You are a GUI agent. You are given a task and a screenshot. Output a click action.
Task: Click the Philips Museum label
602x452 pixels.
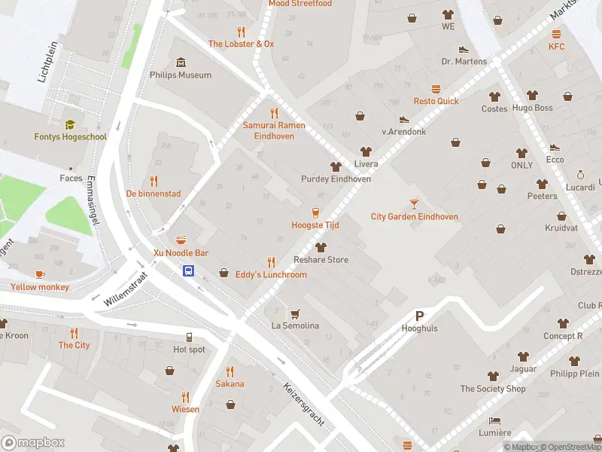click(181, 75)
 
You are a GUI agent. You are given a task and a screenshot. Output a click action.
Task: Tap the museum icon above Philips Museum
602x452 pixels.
click(181, 62)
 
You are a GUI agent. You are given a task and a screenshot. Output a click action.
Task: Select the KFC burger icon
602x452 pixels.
click(556, 34)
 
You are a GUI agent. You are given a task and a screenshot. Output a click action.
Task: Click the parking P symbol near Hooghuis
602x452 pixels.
click(419, 316)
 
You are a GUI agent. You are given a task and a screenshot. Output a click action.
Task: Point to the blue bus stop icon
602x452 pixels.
click(189, 271)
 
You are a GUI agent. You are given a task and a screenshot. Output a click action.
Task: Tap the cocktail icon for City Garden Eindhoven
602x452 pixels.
click(414, 203)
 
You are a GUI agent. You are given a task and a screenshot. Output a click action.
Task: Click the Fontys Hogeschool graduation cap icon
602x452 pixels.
click(70, 124)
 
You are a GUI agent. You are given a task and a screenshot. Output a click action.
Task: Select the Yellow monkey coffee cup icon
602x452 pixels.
click(39, 274)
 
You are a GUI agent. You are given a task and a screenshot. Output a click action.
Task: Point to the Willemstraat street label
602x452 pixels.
click(126, 289)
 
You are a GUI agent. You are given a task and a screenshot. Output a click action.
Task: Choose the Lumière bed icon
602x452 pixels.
click(494, 420)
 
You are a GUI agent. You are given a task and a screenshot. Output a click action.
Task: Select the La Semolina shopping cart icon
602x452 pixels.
click(295, 313)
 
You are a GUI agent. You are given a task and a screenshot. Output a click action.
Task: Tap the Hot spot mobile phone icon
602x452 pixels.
click(189, 337)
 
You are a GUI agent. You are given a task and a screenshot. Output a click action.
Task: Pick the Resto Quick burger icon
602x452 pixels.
click(436, 88)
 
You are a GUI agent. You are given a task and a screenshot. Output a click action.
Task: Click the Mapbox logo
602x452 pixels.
click(33, 443)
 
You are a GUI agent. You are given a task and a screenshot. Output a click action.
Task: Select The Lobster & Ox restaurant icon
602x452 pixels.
click(241, 32)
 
